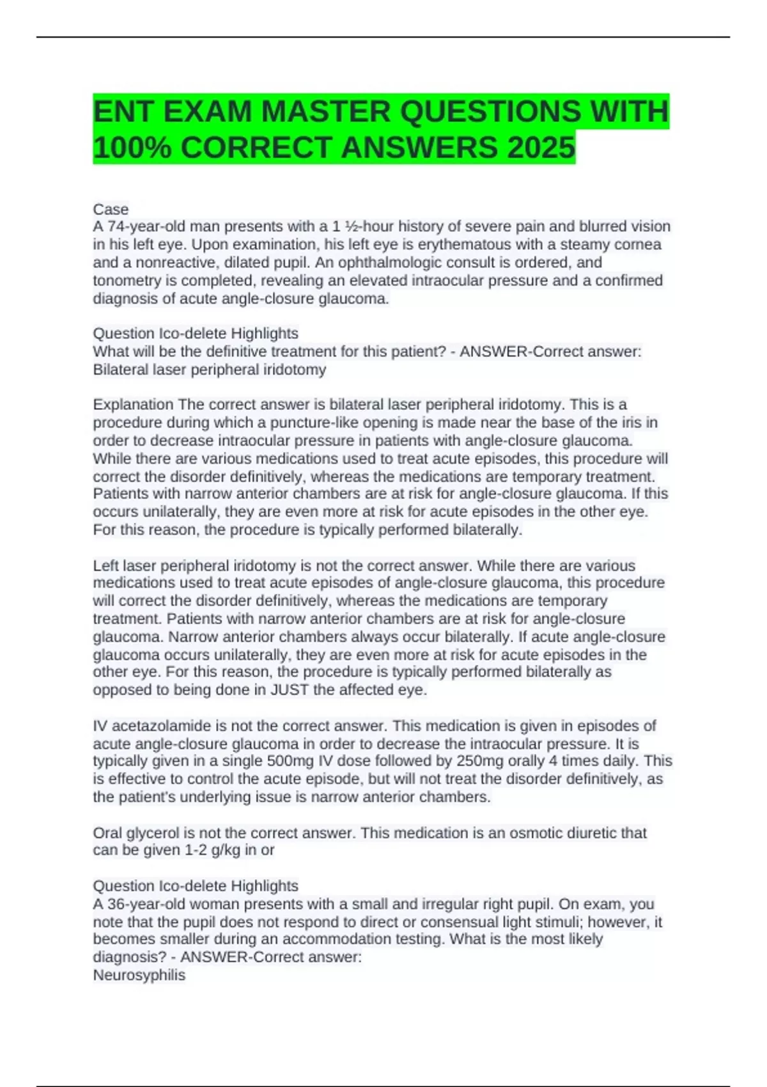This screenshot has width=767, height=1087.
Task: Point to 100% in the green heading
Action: pos(132,148)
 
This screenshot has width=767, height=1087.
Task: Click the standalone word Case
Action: pos(111,209)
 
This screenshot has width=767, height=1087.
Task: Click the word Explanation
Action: pos(133,405)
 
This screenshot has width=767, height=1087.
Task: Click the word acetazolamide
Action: pos(153,726)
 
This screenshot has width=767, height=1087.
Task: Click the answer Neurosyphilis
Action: pos(139,975)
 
